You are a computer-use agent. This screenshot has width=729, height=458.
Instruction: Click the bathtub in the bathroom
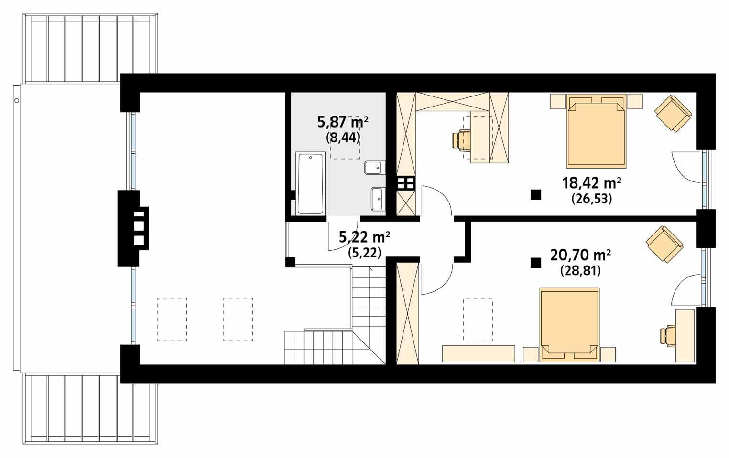[x=310, y=183]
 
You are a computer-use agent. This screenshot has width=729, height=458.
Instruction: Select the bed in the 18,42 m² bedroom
[x=596, y=131]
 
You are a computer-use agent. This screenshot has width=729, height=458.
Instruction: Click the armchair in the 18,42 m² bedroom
[x=673, y=113]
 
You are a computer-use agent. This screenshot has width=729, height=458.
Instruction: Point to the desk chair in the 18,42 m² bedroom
[x=462, y=140]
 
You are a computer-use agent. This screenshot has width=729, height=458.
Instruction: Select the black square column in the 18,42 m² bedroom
[x=536, y=194]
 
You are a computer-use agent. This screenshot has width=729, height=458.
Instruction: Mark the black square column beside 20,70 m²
[x=535, y=263]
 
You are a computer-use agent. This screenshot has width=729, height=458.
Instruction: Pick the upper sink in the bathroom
[x=373, y=168]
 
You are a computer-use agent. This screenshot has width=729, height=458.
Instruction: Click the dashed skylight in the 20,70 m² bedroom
[x=478, y=319]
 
